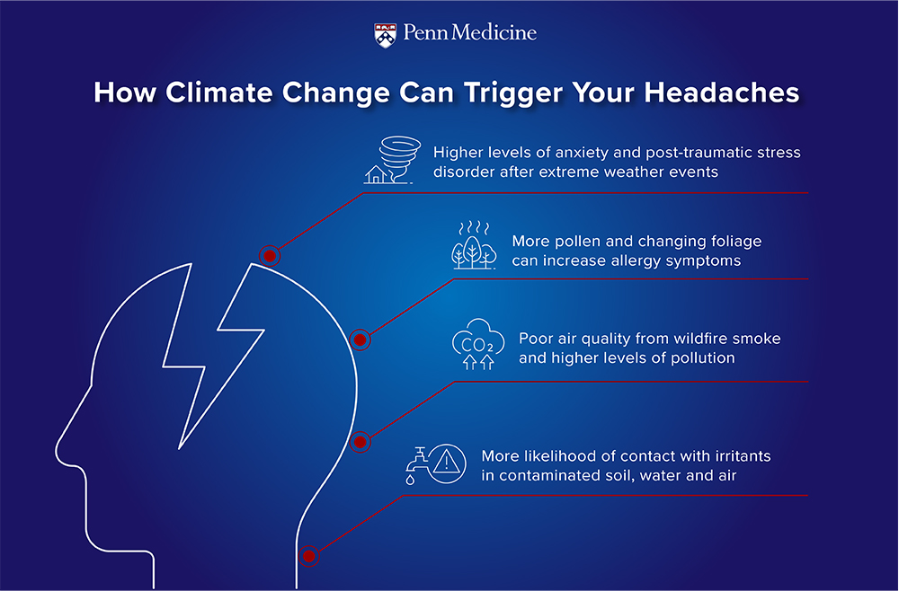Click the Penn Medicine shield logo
(x=386, y=35)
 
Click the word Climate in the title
(x=219, y=93)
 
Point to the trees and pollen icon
(x=474, y=244)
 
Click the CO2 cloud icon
(x=478, y=344)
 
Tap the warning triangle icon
(x=447, y=463)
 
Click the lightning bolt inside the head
(x=213, y=355)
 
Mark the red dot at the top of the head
(x=270, y=255)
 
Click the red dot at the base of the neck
(x=309, y=556)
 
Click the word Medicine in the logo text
(x=494, y=32)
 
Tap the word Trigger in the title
(x=513, y=93)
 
